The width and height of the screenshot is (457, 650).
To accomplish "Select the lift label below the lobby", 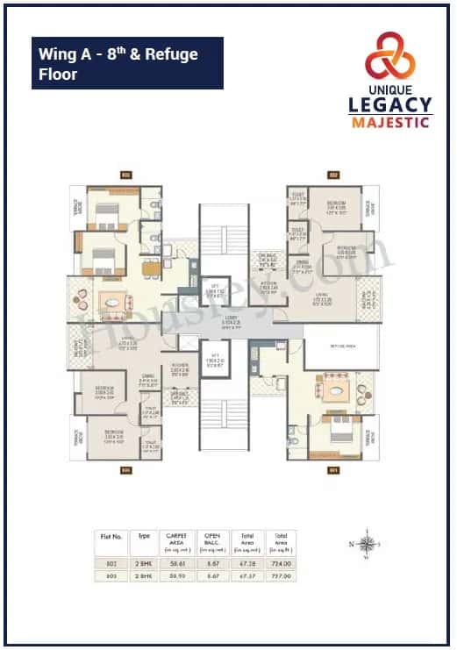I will [x=214, y=361].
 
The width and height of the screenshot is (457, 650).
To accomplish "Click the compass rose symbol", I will [x=369, y=540].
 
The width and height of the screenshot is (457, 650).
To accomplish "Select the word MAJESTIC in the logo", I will [x=391, y=122].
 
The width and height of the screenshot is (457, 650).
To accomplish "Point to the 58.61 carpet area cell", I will [x=178, y=563].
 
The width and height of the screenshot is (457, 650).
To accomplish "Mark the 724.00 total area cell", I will [x=281, y=563].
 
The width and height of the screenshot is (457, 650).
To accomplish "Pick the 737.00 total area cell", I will [x=281, y=575].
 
